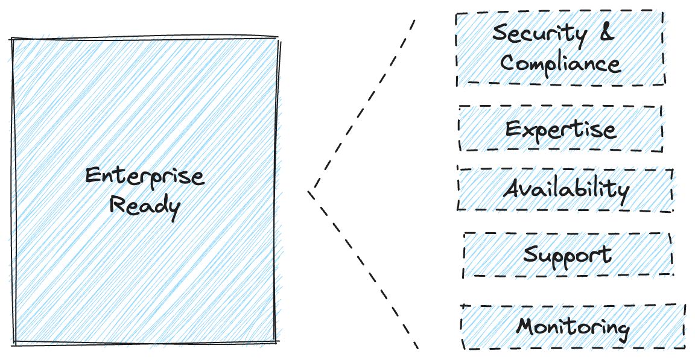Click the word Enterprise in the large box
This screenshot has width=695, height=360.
145,177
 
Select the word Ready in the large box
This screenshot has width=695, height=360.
145,206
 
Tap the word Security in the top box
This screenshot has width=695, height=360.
539,34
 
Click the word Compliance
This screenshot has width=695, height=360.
560,63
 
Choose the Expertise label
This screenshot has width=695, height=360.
560,129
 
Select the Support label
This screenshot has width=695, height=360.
567,254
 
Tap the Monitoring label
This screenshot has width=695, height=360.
573,327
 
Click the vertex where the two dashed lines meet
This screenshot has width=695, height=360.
309,192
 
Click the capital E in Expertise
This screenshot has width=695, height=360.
513,128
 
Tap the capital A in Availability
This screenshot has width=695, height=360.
513,189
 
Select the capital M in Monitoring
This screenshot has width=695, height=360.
527,326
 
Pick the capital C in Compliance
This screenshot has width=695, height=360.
509,62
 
